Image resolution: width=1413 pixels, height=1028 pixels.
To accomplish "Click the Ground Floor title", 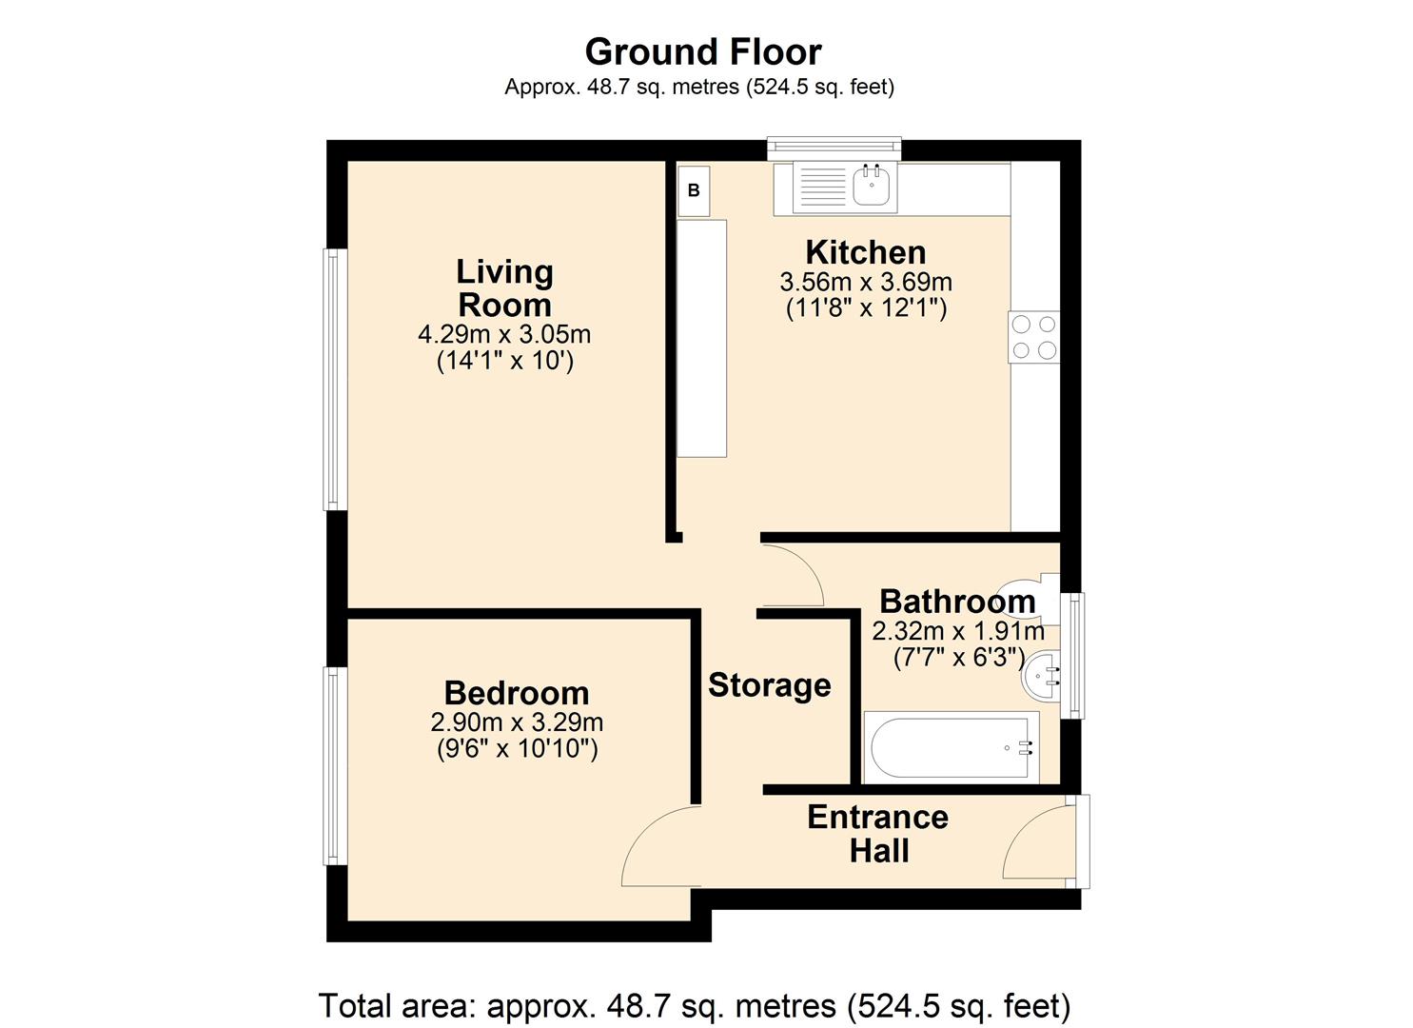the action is (703, 51).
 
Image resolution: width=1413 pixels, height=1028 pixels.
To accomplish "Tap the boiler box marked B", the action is (694, 190).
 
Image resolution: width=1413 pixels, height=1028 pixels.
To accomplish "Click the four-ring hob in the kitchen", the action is (1034, 337).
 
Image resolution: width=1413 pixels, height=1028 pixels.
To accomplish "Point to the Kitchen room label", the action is (866, 252).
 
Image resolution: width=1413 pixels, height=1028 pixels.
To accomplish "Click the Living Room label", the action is (504, 288).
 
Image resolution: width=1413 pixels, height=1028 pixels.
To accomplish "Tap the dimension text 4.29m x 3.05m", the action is (504, 334).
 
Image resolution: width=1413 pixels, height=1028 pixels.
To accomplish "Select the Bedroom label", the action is (517, 693).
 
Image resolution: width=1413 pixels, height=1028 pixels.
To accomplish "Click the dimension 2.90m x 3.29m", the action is (517, 722).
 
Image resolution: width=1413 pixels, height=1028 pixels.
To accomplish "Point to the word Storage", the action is (770, 685).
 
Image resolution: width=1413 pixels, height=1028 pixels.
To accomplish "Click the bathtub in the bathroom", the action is (951, 748).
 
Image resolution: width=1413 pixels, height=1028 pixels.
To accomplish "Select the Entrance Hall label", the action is (878, 834).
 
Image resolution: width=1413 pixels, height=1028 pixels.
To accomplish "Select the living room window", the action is (335, 379).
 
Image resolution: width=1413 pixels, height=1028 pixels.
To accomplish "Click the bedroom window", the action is (335, 766).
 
